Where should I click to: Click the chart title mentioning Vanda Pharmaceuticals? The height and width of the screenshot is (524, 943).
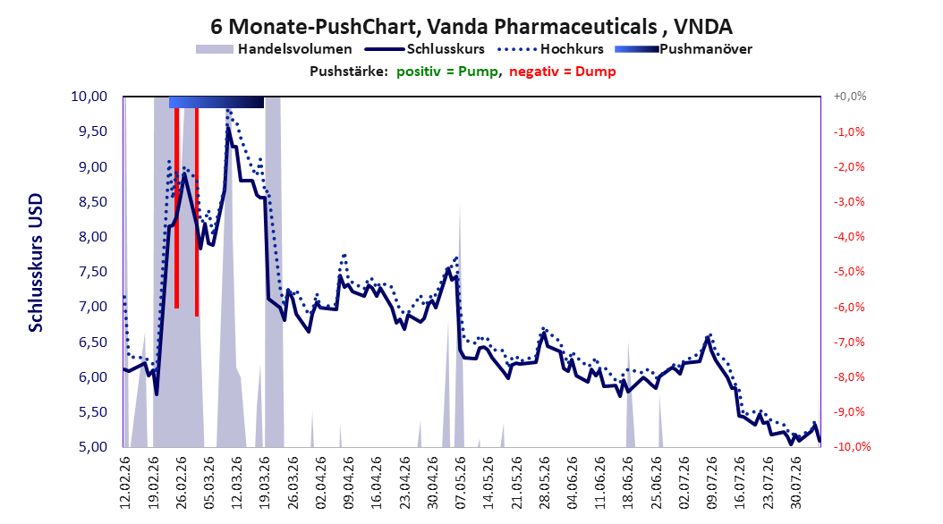(x=471, y=27)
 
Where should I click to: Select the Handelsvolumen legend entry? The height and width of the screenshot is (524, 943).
(x=275, y=49)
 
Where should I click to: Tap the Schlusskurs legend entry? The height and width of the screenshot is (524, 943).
(x=425, y=49)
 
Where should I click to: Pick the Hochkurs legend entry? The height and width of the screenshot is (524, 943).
(x=551, y=49)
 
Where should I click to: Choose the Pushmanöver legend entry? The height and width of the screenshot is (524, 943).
(x=684, y=49)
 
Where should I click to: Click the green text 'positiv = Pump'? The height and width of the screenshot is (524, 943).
(x=447, y=72)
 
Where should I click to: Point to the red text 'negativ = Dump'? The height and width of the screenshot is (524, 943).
(x=563, y=72)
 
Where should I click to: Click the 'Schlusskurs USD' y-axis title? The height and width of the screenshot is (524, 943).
(x=36, y=263)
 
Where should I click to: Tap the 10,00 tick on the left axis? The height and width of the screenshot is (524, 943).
(x=89, y=97)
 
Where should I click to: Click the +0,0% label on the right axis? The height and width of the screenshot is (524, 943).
(x=850, y=97)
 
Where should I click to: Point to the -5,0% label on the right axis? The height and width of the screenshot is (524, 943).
(x=849, y=272)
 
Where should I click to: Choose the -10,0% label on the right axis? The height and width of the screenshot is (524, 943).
(x=852, y=447)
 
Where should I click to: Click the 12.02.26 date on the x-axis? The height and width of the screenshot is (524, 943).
(x=125, y=483)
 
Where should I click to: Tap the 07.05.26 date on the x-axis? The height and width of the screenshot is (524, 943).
(x=461, y=483)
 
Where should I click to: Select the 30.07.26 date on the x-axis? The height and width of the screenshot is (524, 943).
(x=796, y=483)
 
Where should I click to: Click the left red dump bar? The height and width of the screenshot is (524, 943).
(x=177, y=208)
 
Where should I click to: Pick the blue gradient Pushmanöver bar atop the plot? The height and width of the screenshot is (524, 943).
(x=217, y=102)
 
